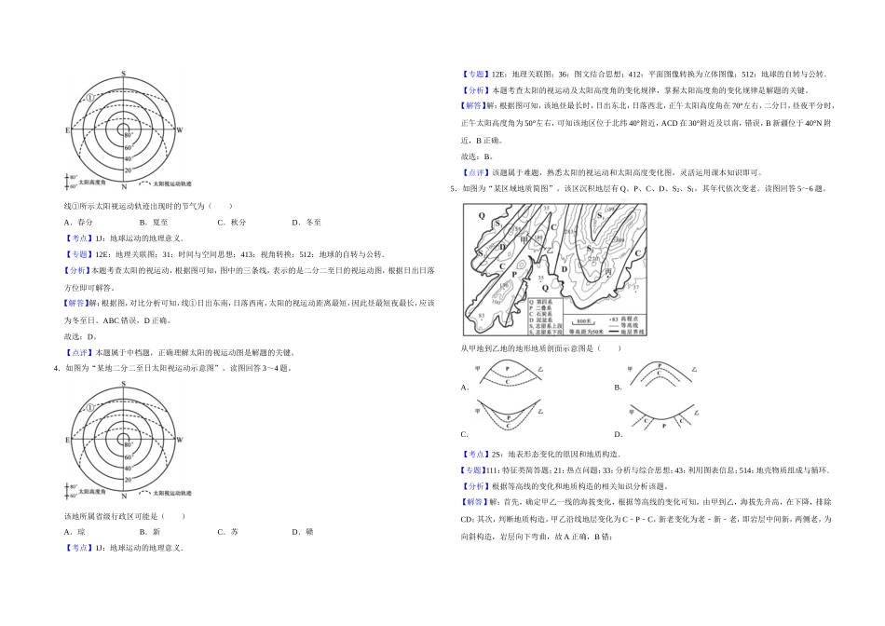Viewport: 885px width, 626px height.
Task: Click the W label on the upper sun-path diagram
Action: [180, 130]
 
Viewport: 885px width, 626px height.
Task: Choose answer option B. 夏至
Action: [153, 223]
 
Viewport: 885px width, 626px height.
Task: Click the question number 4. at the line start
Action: [58, 368]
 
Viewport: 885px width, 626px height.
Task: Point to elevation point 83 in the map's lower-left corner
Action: [482, 317]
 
